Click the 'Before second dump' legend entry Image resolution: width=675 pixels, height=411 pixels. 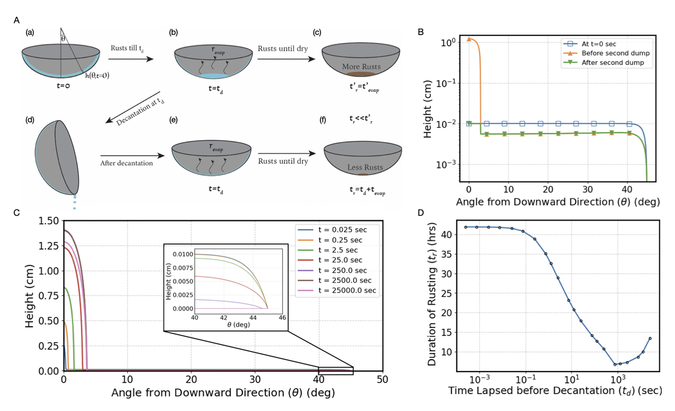[x=615, y=53]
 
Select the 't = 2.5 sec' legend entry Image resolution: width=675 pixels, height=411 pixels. [x=337, y=250]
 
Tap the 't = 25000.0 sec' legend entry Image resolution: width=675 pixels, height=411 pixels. [x=347, y=291]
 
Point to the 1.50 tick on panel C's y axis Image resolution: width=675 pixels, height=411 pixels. [x=49, y=221]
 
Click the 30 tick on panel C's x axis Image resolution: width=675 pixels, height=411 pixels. [x=255, y=380]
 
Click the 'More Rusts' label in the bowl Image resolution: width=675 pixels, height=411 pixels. [x=361, y=66]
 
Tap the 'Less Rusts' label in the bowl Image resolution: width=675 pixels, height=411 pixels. [x=365, y=167]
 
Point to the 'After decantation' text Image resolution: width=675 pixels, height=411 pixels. [x=126, y=163]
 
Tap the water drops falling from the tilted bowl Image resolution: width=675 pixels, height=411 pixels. [x=74, y=202]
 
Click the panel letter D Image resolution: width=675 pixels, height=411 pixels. [x=421, y=213]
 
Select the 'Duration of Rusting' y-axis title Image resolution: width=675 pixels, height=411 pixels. [x=432, y=294]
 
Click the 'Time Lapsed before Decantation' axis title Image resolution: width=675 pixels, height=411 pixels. [x=555, y=391]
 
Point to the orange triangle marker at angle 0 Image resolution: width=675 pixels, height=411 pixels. [x=469, y=39]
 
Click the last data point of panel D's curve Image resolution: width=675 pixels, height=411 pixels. [x=650, y=338]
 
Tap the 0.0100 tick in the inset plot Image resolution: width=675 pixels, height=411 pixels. [x=182, y=254]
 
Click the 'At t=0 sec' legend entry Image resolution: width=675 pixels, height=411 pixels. [x=598, y=44]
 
